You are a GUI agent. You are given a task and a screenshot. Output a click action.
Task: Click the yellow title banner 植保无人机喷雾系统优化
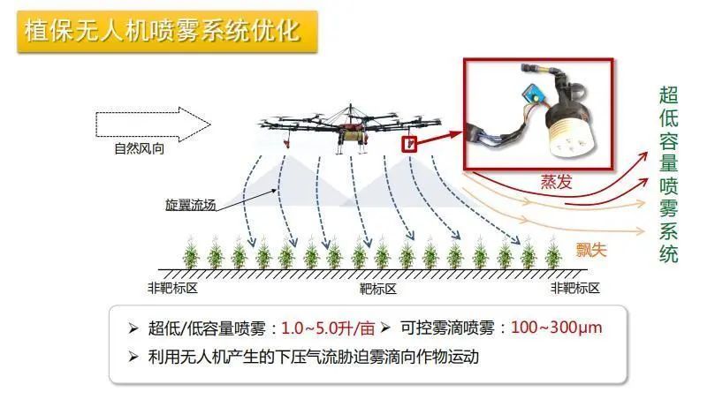167,32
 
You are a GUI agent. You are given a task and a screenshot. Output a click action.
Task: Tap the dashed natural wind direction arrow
153,124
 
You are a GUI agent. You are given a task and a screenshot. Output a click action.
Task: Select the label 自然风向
139,148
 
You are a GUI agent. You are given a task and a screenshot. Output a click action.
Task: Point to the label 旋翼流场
190,205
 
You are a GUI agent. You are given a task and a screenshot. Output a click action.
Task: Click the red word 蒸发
556,181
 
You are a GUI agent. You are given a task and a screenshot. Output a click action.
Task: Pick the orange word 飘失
591,250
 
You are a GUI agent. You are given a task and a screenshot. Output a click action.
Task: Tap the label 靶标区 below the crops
377,289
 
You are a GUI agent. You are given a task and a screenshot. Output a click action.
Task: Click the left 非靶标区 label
172,288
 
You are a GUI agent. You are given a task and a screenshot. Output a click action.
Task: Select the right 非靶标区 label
575,288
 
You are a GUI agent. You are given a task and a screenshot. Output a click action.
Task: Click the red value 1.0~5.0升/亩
328,328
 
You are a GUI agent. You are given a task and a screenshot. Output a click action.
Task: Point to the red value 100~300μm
556,328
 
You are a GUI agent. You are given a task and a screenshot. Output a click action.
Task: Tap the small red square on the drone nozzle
409,144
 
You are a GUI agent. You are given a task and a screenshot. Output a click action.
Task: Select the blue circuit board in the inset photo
532,94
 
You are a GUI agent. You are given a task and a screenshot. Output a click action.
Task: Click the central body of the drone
350,132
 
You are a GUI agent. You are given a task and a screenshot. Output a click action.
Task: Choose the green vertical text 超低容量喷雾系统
668,174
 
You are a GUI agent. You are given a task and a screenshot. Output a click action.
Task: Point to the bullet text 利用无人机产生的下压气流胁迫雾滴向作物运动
314,357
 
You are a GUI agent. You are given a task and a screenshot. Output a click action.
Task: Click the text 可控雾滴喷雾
447,328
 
